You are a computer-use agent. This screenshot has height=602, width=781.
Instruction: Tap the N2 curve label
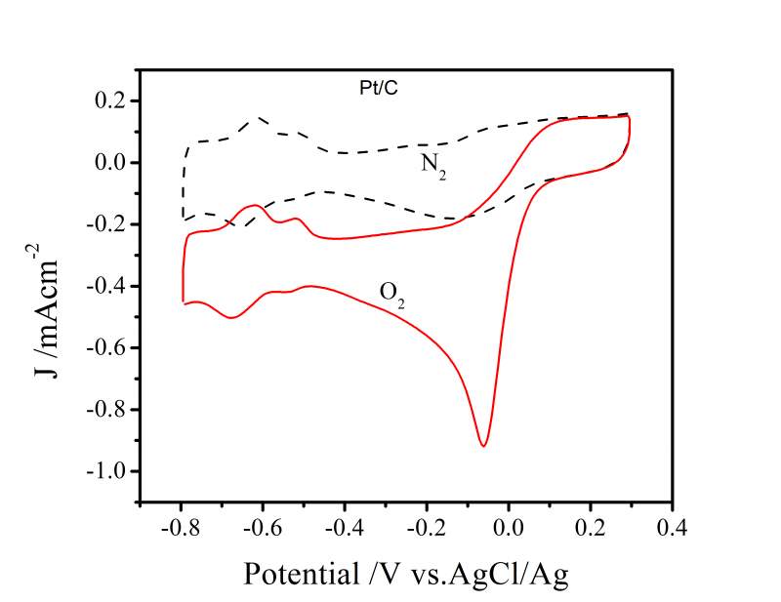click(x=433, y=163)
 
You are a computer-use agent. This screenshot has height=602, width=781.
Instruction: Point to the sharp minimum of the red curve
click(x=483, y=446)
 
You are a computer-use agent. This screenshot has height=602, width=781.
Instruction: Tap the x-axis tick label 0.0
click(x=509, y=529)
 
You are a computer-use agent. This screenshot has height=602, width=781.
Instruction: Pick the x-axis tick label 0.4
click(x=672, y=529)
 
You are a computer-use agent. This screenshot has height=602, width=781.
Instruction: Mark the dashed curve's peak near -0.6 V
click(x=262, y=118)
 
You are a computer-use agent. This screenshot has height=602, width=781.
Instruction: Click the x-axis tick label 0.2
click(x=590, y=529)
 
